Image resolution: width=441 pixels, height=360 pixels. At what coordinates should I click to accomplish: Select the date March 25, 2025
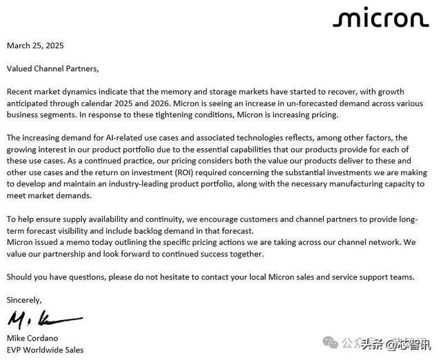[35, 46]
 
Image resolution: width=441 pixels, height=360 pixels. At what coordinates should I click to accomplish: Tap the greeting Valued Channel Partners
[53, 68]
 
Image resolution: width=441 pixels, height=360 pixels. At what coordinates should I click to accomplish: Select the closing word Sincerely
[24, 300]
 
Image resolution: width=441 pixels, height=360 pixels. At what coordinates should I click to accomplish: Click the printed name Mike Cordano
[33, 338]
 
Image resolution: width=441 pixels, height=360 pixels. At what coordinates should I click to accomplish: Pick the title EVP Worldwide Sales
[45, 350]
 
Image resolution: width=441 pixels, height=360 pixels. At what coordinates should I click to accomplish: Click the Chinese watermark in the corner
[389, 343]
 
